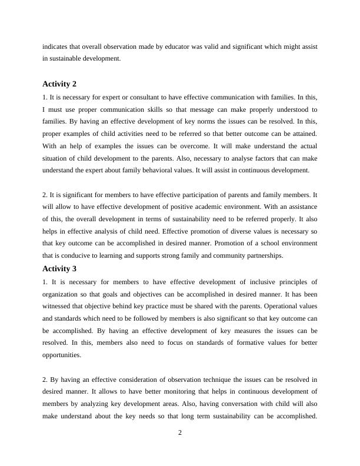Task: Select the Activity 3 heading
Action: coord(59,268)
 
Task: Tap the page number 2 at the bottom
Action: coord(180,433)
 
